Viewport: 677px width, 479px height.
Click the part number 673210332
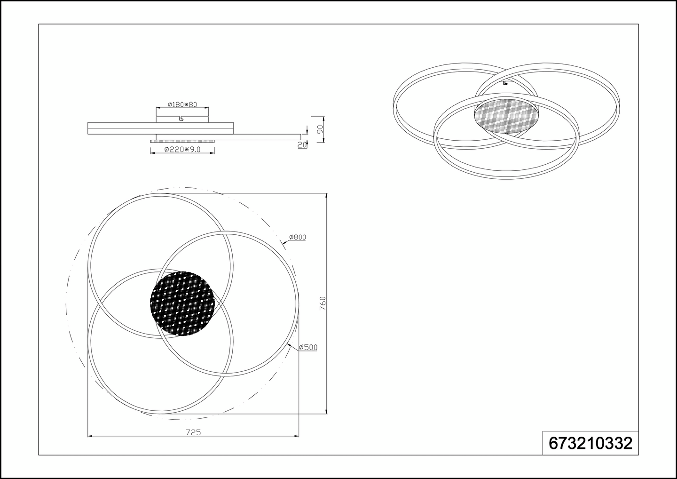[x=590, y=444]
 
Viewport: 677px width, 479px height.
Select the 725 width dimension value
[x=193, y=432]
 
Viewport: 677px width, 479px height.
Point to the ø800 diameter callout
[x=298, y=237]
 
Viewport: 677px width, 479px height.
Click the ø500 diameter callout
[x=308, y=347]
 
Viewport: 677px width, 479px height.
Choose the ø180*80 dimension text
[x=182, y=104]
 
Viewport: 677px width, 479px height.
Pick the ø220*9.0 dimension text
[x=182, y=149]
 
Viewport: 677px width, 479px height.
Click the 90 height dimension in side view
[x=320, y=129]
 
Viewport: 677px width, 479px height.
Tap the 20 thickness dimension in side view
[x=302, y=145]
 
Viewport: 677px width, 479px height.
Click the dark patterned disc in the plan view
[x=182, y=303]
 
